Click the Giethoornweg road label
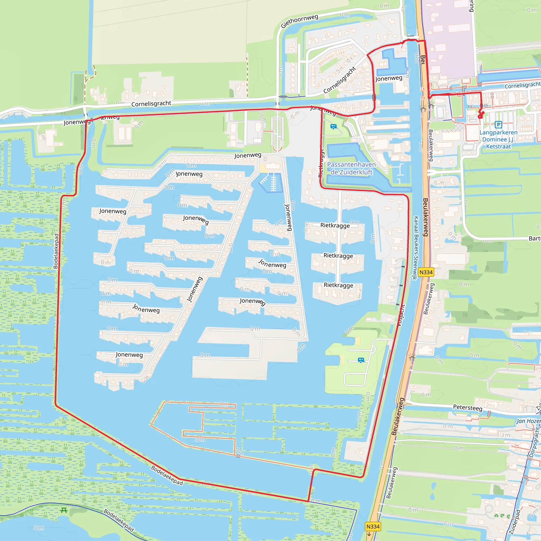tap(299, 21)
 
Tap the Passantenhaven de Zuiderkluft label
tap(351, 168)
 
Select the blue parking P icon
tap(498, 124)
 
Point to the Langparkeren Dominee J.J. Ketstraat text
tap(498, 139)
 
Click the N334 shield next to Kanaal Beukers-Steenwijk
tap(426, 272)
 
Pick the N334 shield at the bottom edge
tap(373, 527)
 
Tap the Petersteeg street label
tap(468, 408)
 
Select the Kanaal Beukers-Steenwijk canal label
tap(416, 248)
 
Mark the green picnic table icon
tap(64, 510)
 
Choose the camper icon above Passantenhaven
tap(333, 127)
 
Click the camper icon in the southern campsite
tap(361, 360)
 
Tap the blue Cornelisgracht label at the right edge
tap(522, 85)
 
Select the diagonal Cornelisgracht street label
tap(340, 80)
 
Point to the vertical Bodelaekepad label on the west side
tap(56, 251)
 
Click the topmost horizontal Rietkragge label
tap(335, 225)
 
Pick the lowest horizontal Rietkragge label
tap(338, 285)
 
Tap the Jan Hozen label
tap(528, 421)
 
